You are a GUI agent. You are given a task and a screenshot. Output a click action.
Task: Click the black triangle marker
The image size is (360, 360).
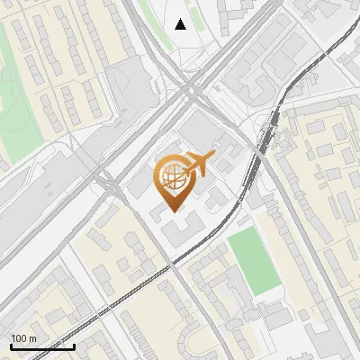tap(181, 24)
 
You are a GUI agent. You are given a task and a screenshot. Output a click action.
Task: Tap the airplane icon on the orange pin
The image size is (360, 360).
tap(199, 164)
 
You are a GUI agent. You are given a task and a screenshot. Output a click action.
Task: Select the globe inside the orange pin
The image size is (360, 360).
tap(171, 178)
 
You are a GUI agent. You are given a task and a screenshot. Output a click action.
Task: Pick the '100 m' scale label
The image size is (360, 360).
tap(24, 337)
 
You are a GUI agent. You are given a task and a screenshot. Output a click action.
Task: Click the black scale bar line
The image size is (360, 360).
tap(42, 346)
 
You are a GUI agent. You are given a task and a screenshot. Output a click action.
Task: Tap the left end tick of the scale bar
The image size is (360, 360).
tap(11, 345)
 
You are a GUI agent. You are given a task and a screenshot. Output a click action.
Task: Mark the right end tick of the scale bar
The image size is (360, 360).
tap(74, 345)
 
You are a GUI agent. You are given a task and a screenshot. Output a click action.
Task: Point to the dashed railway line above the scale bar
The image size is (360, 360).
tap(90, 310)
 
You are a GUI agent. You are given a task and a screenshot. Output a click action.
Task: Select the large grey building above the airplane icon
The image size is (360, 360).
tap(200, 132)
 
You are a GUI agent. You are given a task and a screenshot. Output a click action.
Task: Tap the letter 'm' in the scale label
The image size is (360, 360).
tap(33, 337)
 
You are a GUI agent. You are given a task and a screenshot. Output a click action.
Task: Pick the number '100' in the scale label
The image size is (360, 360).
tap(20, 337)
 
